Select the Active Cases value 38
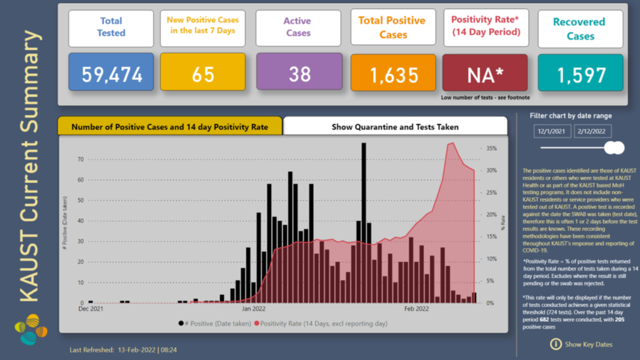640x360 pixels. pyautogui.click(x=299, y=74)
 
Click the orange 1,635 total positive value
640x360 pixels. pyautogui.click(x=393, y=76)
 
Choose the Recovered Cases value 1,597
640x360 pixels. pyautogui.click(x=581, y=76)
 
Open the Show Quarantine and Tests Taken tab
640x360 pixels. pyautogui.click(x=395, y=127)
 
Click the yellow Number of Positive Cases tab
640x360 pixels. pyautogui.click(x=169, y=127)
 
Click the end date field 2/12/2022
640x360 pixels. pyautogui.click(x=592, y=132)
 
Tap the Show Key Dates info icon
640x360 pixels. pyautogui.click(x=556, y=344)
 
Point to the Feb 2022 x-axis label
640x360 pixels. pyautogui.click(x=416, y=309)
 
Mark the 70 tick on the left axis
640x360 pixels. pyautogui.click(x=81, y=159)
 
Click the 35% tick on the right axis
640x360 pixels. pyautogui.click(x=491, y=149)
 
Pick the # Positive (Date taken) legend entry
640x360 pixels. pyautogui.click(x=213, y=323)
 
